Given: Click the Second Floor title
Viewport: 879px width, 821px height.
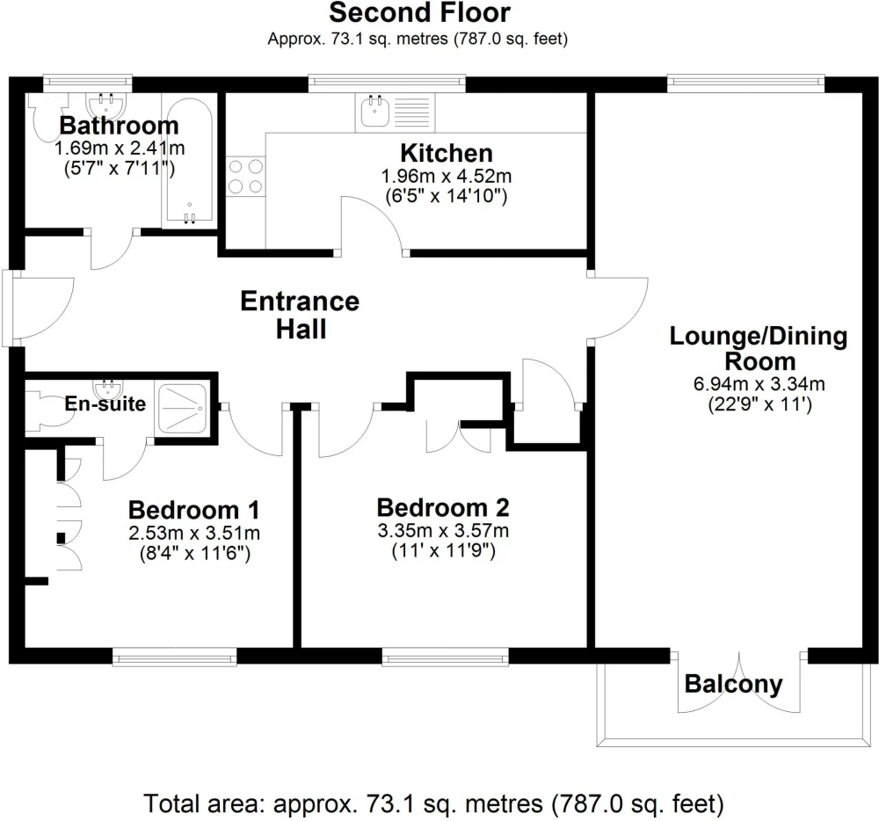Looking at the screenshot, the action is (419, 12).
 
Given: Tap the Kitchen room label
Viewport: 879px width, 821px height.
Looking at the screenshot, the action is (447, 153).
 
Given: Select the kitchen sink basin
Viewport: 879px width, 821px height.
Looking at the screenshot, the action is (374, 111).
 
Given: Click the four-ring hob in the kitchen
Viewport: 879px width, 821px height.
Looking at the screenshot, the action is (246, 177).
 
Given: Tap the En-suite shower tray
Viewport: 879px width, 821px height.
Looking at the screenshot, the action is (182, 409).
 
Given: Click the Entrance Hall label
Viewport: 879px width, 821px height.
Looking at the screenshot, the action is (301, 315).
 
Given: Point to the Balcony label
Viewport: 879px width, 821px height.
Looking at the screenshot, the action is (733, 684).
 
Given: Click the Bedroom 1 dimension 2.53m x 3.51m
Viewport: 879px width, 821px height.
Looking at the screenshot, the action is (194, 533).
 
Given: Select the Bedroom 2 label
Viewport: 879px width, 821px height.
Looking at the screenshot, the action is (443, 508).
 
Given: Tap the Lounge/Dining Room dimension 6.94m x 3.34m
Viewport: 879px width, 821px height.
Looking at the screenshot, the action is (759, 384).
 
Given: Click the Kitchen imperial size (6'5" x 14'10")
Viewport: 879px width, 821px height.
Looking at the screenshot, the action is (447, 196).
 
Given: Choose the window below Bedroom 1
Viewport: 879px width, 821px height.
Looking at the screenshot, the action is (174, 657).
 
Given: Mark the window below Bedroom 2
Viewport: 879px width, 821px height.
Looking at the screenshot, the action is (445, 657).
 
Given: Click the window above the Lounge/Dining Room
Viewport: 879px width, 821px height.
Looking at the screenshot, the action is (746, 83).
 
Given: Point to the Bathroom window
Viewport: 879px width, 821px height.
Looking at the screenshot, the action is (87, 83).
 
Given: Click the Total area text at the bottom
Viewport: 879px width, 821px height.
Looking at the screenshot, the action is (434, 804).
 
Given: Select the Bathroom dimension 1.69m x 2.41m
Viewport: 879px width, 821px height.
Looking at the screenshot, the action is (120, 149).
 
